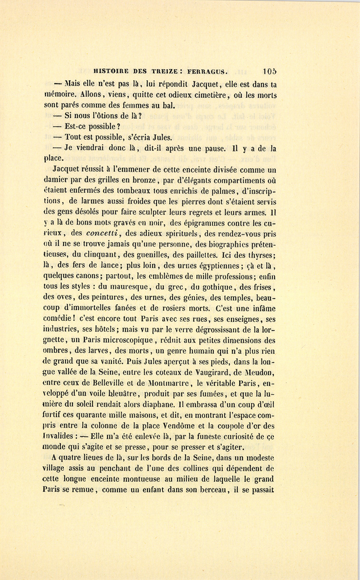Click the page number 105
270,71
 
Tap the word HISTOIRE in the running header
110,72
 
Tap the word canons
88,276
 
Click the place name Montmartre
168,383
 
